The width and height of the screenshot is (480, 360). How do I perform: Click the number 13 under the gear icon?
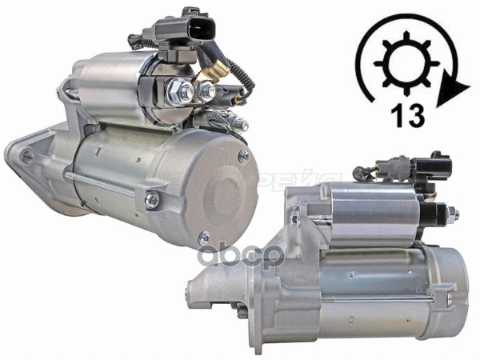point(409,115)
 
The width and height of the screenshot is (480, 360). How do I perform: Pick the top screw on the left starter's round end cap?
point(243,157)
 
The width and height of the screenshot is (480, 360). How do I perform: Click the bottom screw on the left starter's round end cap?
point(204,238)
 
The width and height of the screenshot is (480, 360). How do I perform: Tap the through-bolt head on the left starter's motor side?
point(150,199)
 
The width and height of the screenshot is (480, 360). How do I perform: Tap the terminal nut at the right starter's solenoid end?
point(450,214)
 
